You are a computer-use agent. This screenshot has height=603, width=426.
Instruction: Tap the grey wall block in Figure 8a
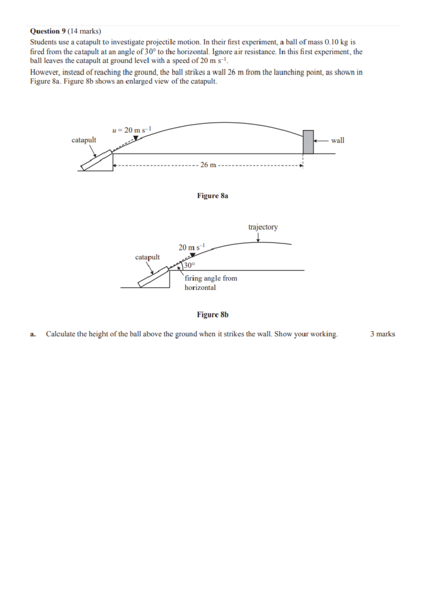pos(308,142)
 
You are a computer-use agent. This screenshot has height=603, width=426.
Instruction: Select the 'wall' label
pos(338,140)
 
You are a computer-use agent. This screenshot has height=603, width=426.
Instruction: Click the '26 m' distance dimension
pos(208,165)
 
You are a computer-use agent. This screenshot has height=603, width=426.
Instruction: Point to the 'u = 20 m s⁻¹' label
pos(132,130)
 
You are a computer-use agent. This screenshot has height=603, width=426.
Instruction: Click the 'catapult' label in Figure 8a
pos(84,140)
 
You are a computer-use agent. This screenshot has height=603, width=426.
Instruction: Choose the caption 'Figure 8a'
pos(213,196)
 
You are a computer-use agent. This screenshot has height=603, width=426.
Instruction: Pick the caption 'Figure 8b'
pos(213,315)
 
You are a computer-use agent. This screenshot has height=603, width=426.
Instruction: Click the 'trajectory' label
pos(263,227)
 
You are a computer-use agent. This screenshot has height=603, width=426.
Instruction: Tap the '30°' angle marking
pos(189,265)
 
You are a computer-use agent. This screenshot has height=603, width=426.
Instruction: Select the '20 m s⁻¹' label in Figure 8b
pos(192,248)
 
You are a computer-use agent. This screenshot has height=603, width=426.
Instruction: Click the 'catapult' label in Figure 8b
pos(147,257)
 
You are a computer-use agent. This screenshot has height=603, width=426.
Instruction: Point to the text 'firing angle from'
pos(211,278)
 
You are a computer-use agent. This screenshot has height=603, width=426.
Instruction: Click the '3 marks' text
pos(382,334)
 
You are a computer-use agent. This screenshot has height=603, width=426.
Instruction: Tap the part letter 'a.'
pos(33,334)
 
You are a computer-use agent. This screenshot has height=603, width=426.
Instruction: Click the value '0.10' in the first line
pos(331,42)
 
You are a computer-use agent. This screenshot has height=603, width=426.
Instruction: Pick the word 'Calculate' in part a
pos(61,334)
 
